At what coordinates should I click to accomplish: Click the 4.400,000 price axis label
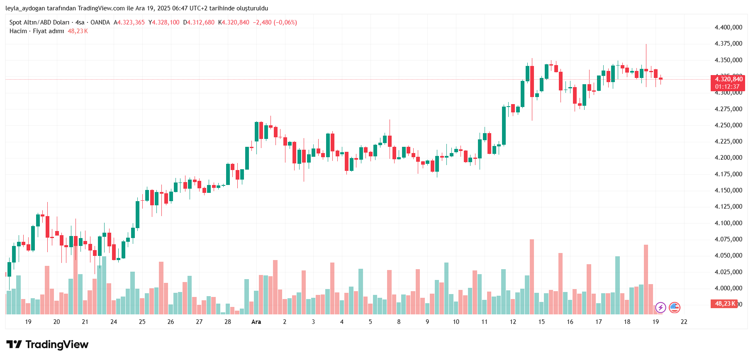(x=728, y=27)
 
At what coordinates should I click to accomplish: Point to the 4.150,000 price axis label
(x=728, y=190)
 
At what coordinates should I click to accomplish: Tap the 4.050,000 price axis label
(x=728, y=255)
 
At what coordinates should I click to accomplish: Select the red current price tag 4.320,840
(x=728, y=79)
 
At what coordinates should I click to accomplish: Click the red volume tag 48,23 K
(x=724, y=304)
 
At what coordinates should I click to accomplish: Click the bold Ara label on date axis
(x=256, y=322)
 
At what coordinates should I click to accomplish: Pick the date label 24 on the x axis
(x=114, y=322)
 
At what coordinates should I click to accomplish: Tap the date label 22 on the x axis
(x=684, y=322)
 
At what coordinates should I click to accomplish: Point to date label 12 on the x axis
(x=513, y=322)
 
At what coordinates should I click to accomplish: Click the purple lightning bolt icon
(x=660, y=308)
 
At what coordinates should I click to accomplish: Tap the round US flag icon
(x=675, y=308)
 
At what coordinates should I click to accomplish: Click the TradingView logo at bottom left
(x=47, y=345)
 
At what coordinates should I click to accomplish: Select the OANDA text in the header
(x=100, y=22)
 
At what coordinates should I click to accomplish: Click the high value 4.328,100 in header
(x=166, y=22)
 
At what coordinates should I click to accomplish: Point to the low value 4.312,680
(x=201, y=22)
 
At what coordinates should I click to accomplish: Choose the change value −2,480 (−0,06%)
(x=275, y=22)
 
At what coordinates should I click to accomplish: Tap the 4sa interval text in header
(x=80, y=22)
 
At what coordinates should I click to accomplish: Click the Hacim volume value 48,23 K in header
(x=78, y=31)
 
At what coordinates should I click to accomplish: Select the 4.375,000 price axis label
(x=728, y=44)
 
